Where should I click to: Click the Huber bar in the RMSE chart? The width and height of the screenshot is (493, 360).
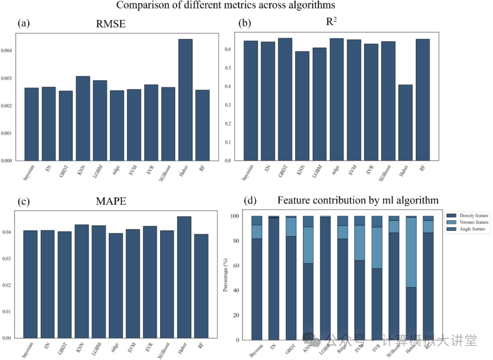coord(185,100)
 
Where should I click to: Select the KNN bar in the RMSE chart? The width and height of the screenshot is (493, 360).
coord(83,118)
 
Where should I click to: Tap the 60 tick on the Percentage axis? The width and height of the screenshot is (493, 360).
coord(236,266)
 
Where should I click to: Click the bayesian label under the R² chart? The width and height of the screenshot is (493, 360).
coord(250,173)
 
